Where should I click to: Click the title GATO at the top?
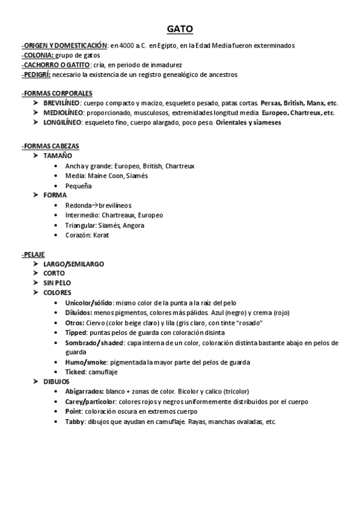(x=180, y=29)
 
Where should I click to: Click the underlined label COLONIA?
(x=38, y=55)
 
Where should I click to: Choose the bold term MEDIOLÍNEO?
(x=63, y=112)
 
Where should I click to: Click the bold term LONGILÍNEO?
(x=62, y=122)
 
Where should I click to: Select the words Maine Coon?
(x=106, y=176)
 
